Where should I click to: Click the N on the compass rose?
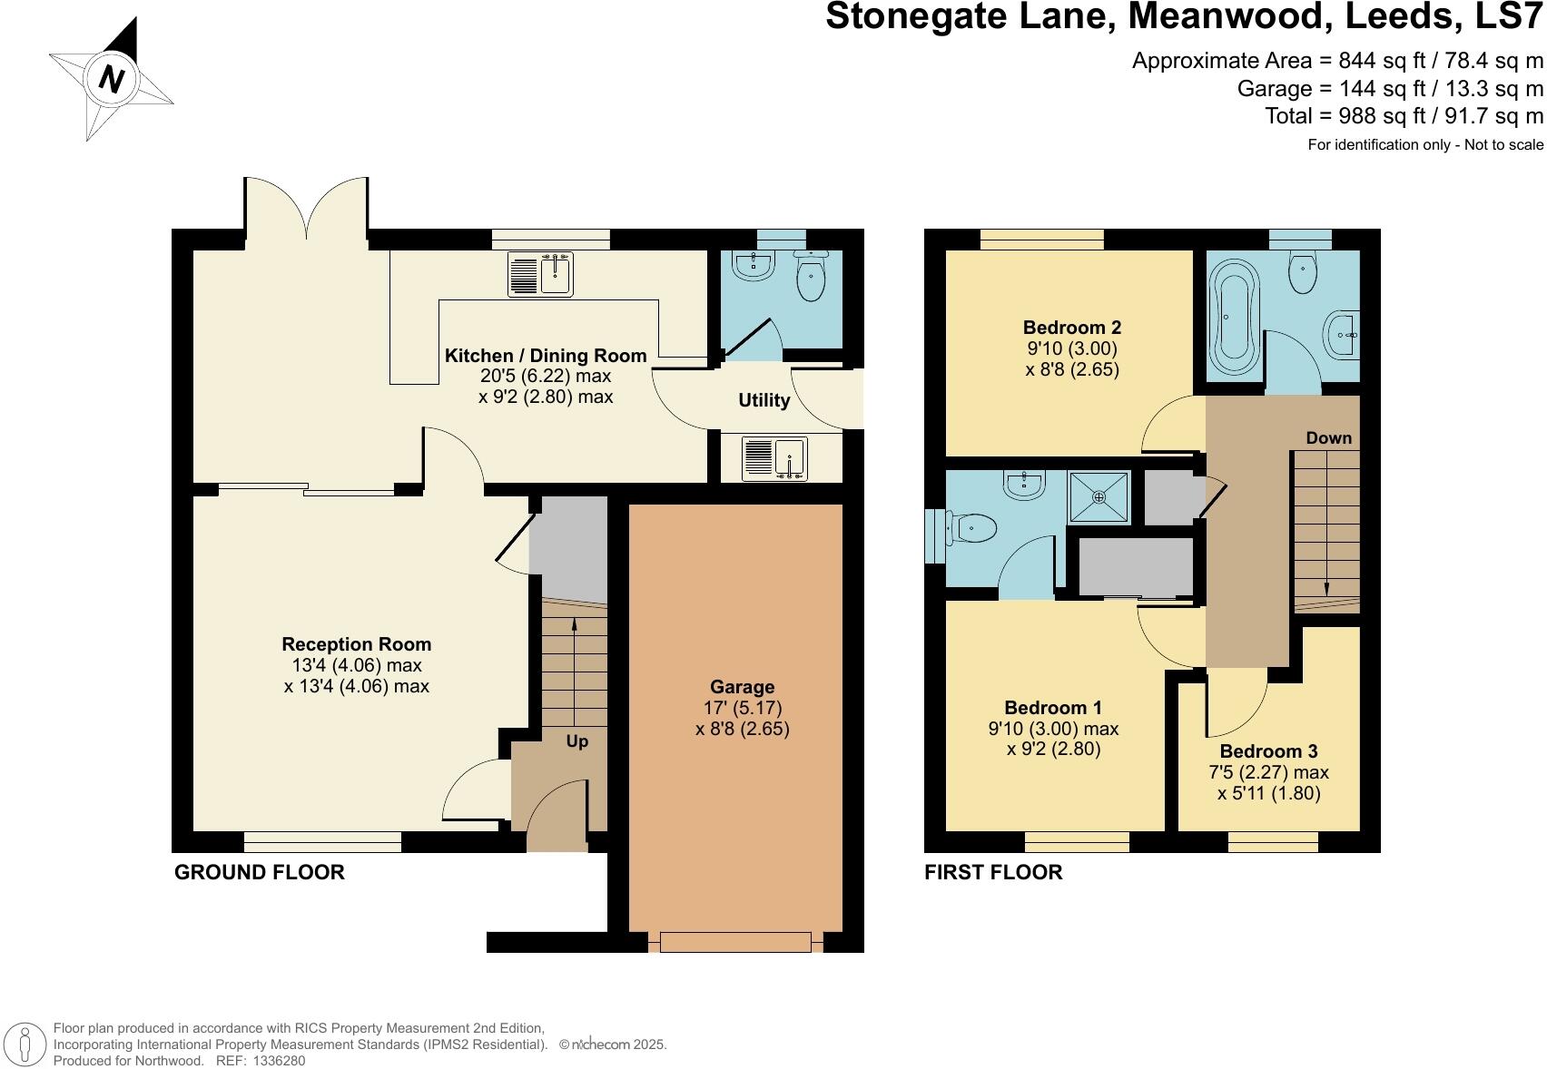111,80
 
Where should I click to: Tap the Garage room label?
742,687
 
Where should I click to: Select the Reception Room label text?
356,644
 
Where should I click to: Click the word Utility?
764,400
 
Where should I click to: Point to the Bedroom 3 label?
1268,751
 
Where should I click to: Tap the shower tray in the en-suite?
1099,497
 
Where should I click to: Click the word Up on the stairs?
577,741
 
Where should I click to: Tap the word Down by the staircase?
1328,438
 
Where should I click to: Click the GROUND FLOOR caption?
260,872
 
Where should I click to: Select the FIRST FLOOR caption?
993,872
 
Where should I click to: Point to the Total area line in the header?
1404,116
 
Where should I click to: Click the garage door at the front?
735,942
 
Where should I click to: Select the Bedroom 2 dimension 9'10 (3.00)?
1071,348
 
